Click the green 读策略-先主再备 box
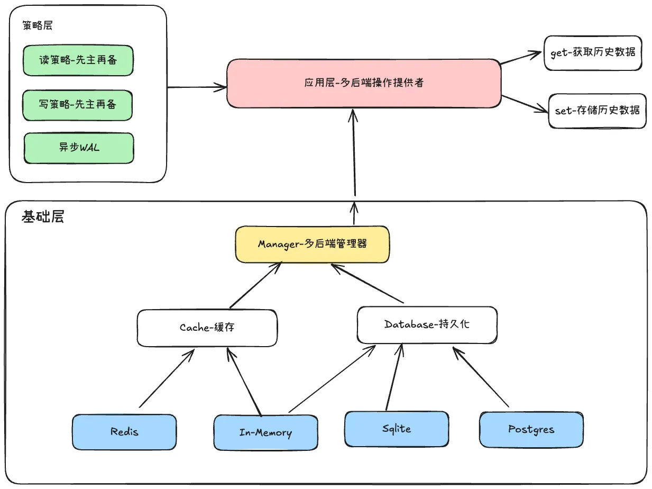coord(78,60)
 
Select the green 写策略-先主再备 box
coord(78,105)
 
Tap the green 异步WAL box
coord(79,148)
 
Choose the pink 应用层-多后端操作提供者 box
coord(364,83)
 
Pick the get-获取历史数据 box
coord(592,53)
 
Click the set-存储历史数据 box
coord(597,111)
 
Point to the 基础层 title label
coord(42,217)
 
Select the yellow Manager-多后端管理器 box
coord(312,244)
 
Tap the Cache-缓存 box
coord(207,327)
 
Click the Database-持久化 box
coord(427,324)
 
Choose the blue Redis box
coord(124,432)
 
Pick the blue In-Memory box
coord(265,432)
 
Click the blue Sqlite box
coord(396,429)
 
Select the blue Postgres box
coord(531,429)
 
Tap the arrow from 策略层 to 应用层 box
coord(196,86)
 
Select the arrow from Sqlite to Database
coord(394,377)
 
